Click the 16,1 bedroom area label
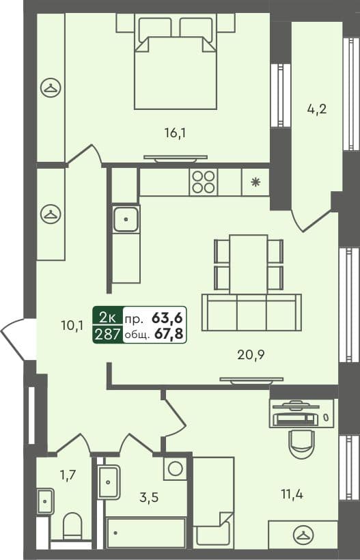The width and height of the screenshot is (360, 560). pyautogui.click(x=176, y=133)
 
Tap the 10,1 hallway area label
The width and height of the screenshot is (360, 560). pyautogui.click(x=72, y=326)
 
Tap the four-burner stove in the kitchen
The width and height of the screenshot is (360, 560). pyautogui.click(x=204, y=182)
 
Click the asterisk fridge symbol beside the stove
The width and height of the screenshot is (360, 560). pyautogui.click(x=255, y=182)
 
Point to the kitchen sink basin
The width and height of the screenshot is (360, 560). pyautogui.click(x=126, y=219)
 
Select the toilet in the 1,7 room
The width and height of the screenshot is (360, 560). pyautogui.click(x=72, y=527)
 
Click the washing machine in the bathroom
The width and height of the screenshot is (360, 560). pyautogui.click(x=176, y=468)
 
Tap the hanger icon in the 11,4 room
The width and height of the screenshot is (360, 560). pyautogui.click(x=302, y=533)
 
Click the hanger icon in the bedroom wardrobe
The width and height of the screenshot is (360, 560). pyautogui.click(x=50, y=87)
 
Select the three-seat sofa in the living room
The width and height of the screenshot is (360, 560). pyautogui.click(x=251, y=313)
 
